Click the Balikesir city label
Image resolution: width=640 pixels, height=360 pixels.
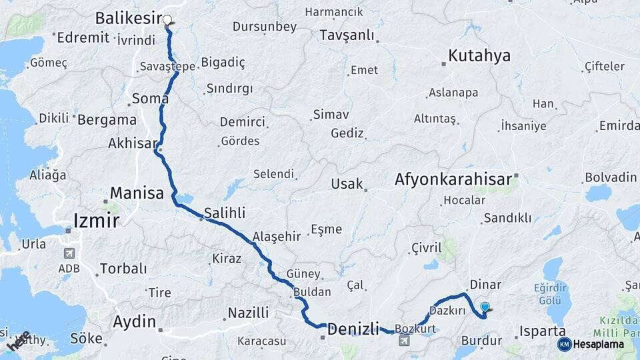point(129,17)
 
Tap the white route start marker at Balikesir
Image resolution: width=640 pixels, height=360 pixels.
point(167,21)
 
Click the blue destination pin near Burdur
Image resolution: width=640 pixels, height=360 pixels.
point(485,307)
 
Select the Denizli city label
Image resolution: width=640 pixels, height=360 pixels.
point(353,328)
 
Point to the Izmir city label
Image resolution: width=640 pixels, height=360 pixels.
point(96,220)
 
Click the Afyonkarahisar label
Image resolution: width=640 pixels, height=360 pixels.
point(453,179)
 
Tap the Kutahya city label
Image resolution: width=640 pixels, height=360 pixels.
point(479,55)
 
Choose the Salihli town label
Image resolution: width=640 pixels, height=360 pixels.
point(225,213)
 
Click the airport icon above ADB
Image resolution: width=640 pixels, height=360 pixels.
point(69,253)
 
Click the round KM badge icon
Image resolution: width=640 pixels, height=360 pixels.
point(565,344)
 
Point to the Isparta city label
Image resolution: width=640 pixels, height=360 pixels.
point(543,331)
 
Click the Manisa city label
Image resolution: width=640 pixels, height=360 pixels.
point(137,193)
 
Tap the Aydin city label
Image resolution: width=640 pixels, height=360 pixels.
point(135,321)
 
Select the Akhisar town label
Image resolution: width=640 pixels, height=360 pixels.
point(133,143)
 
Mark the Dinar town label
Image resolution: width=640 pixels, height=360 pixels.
point(485,284)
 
